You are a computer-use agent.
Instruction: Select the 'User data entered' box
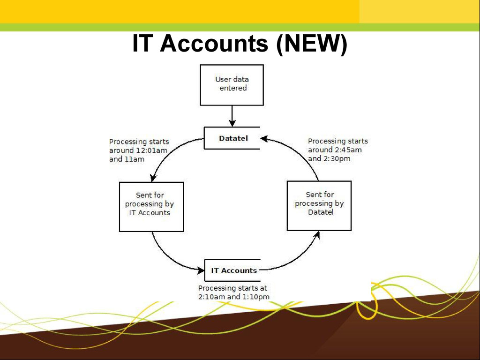tap(232, 84)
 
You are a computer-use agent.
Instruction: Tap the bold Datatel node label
tap(233, 138)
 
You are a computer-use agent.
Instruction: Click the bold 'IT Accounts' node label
tap(234, 270)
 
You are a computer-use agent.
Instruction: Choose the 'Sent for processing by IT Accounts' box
tap(151, 206)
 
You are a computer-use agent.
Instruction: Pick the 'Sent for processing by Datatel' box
tap(319, 206)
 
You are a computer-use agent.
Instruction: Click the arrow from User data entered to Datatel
tap(232, 116)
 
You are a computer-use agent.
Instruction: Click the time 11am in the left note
tap(134, 159)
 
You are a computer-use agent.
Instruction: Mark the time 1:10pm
tap(256, 297)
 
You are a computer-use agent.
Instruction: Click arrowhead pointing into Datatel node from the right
tap(264, 138)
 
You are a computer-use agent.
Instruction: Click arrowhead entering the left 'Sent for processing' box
tap(153, 178)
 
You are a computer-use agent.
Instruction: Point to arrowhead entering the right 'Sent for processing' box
tap(317, 234)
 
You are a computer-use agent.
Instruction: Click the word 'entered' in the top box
tap(233, 88)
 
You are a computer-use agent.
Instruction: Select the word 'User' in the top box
tap(223, 80)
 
